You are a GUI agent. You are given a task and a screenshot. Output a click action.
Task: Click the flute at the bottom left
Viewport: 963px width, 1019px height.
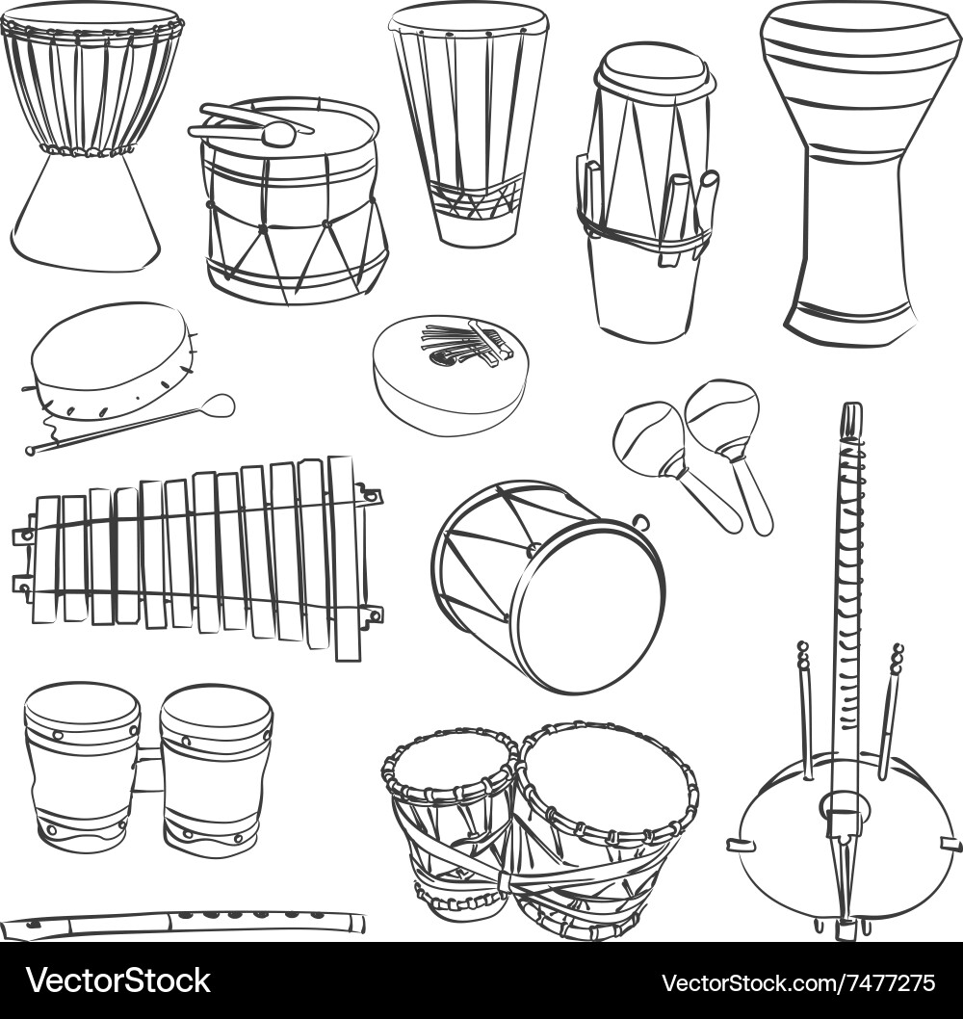coord(183,923)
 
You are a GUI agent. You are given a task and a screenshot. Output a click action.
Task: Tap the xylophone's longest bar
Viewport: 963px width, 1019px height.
coord(345,559)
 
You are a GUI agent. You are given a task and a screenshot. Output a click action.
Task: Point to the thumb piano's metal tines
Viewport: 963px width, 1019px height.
coord(462,344)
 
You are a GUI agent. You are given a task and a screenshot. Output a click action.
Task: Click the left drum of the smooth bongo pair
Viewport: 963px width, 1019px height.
coord(82,766)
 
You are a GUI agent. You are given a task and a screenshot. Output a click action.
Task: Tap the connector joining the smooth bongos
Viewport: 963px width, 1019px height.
coord(148,771)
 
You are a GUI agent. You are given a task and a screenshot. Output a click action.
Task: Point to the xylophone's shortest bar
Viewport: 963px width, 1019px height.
coord(46,559)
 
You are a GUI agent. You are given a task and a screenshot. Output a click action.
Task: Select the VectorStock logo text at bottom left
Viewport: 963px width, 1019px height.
coord(117,981)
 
